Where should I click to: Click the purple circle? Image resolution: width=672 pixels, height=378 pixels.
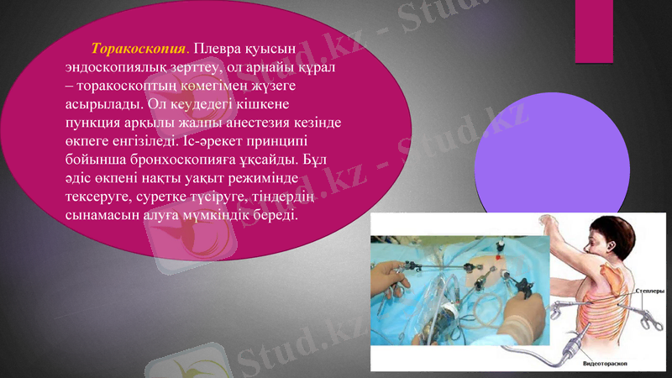[x=552, y=157]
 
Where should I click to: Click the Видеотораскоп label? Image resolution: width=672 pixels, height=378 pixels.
[x=606, y=365]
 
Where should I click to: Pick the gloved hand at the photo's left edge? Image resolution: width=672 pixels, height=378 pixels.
[x=388, y=276]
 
